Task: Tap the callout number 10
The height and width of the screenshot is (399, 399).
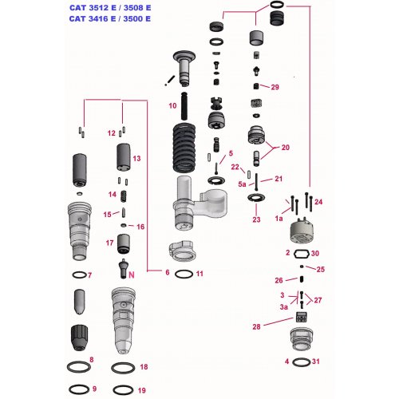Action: [x=172, y=105]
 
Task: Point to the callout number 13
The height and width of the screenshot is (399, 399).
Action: [x=136, y=159]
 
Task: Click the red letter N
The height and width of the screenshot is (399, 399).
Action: [x=132, y=274]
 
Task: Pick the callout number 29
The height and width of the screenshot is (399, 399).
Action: [x=275, y=87]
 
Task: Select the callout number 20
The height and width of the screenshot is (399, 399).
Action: [x=285, y=147]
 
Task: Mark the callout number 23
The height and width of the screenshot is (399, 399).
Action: [x=256, y=219]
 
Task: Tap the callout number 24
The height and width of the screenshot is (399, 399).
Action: [x=318, y=201]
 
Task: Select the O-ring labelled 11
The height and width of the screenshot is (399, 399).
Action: [x=183, y=275]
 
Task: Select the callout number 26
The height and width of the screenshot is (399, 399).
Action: [x=279, y=280]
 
